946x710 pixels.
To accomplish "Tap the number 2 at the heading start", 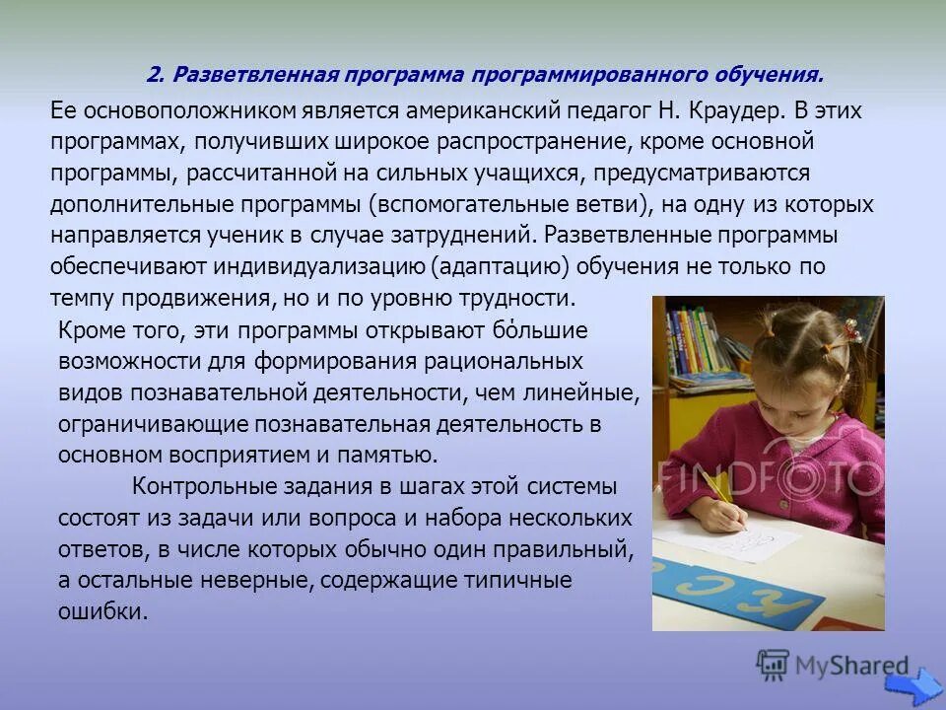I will click(154, 75).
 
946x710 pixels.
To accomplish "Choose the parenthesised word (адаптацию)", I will click(501, 266).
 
